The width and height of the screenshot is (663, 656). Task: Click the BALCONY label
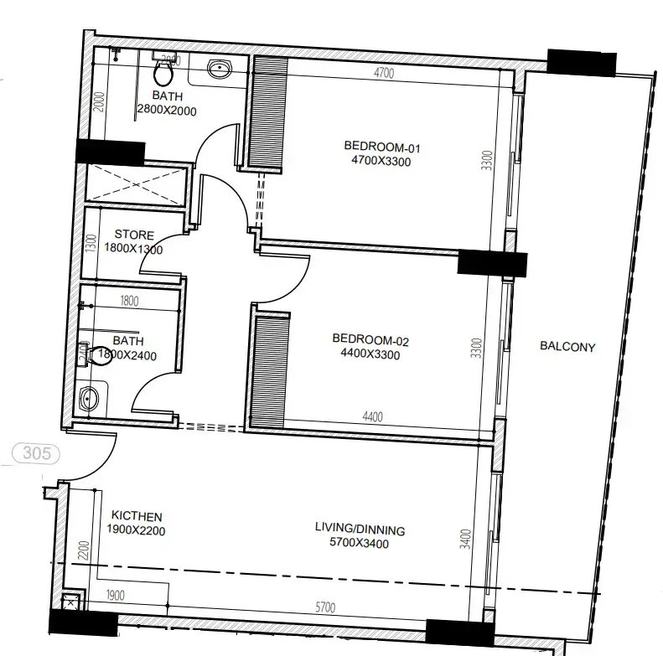click(x=567, y=346)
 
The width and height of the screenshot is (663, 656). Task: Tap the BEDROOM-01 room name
click(x=382, y=147)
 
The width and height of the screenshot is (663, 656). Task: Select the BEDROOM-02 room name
click(x=370, y=339)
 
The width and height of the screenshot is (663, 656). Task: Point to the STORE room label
click(x=134, y=235)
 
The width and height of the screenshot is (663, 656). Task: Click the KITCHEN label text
click(x=137, y=516)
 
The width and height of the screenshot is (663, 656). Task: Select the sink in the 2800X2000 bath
click(x=220, y=70)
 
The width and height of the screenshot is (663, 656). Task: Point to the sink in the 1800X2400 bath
click(x=90, y=398)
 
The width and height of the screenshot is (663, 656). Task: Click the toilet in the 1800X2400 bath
click(x=97, y=355)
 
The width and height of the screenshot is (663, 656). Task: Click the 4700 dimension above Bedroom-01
click(x=383, y=74)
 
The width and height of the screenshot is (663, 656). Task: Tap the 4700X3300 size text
click(x=382, y=162)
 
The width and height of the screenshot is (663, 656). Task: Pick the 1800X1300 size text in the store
click(x=134, y=249)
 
